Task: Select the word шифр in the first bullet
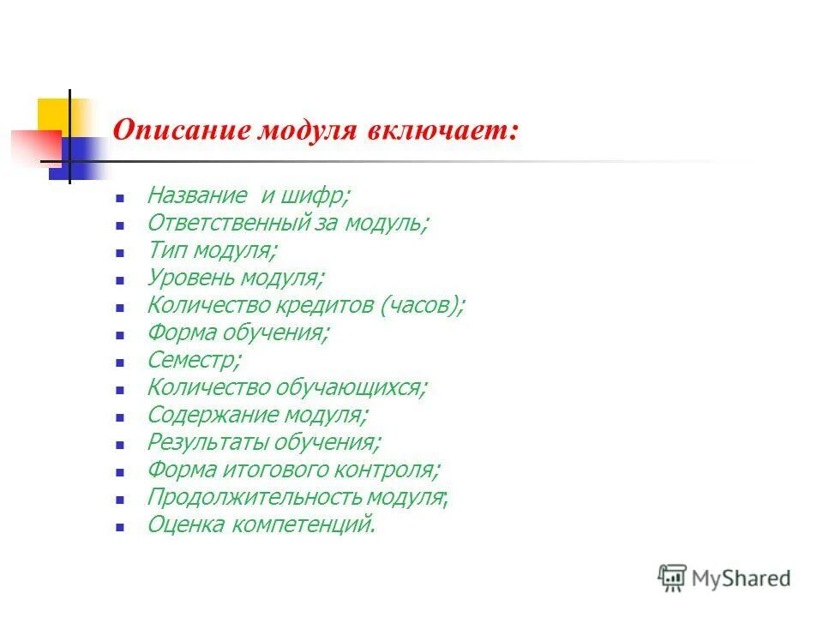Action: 320,195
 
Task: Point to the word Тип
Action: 166,250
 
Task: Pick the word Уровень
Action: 191,278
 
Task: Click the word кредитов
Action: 329,305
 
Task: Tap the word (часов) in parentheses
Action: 423,305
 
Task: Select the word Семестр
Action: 193,360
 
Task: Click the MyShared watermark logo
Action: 724,578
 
